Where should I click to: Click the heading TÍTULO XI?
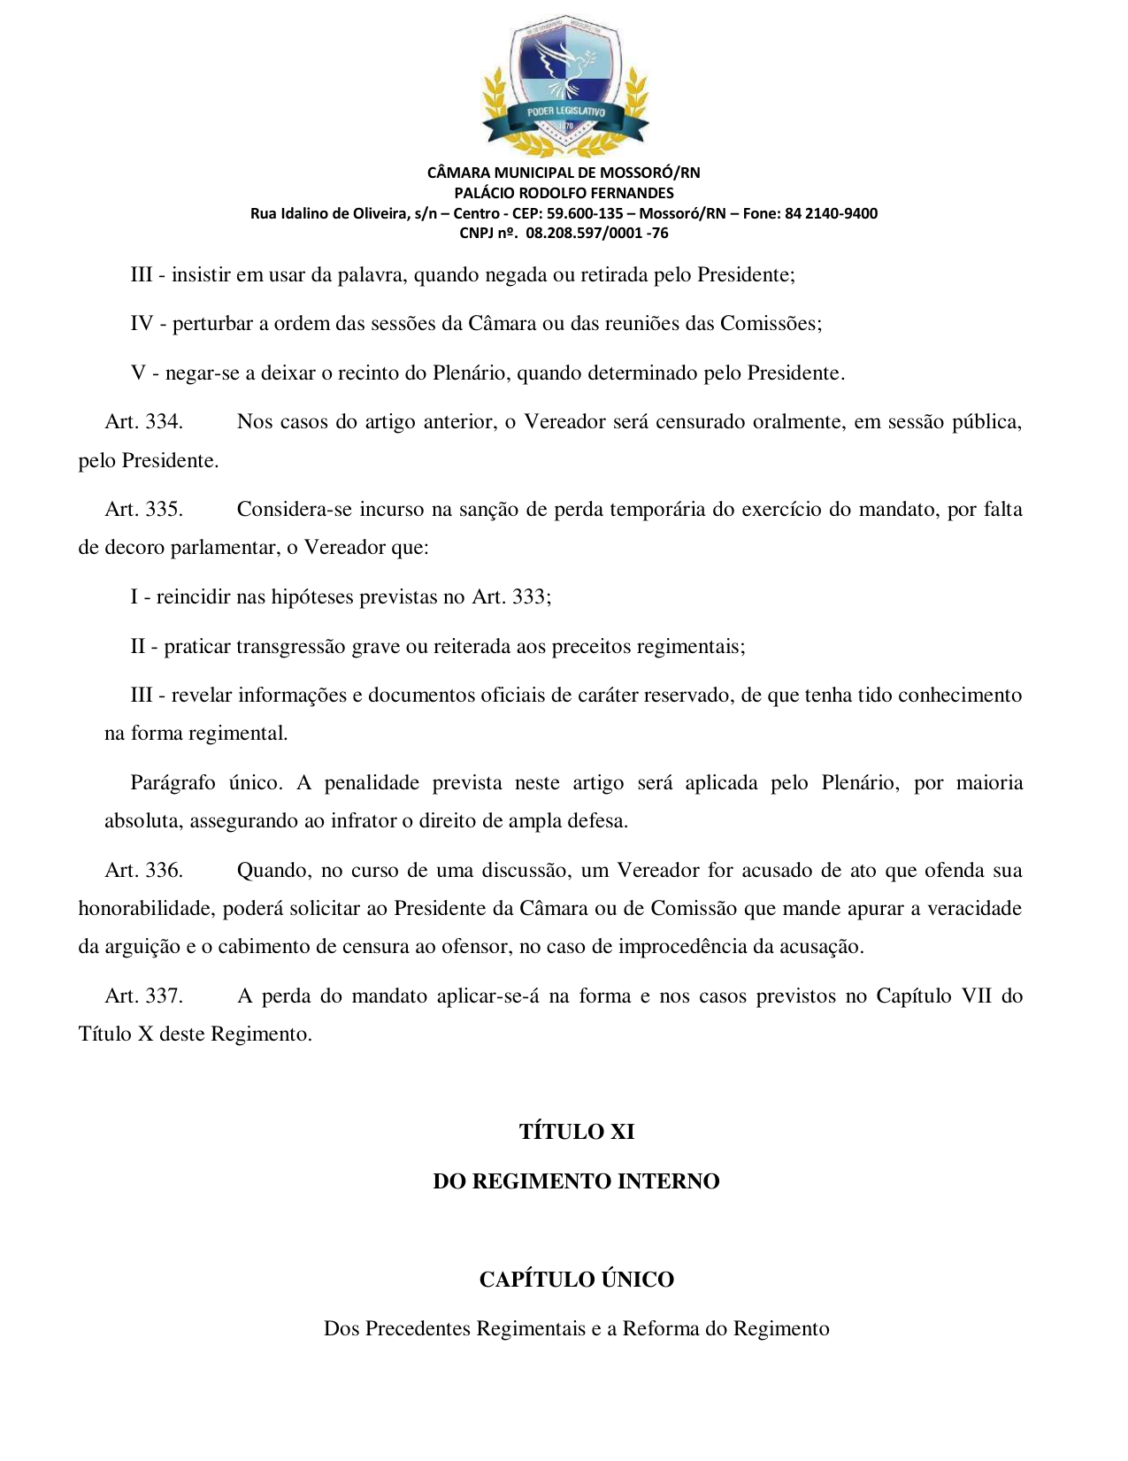click(576, 1132)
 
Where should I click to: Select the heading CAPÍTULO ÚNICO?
click(576, 1280)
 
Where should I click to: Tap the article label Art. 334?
click(143, 422)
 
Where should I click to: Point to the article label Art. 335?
click(143, 510)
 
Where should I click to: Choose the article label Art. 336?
click(143, 871)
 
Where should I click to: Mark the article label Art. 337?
click(143, 996)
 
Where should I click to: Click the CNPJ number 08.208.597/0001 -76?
click(597, 234)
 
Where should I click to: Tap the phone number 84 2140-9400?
click(831, 213)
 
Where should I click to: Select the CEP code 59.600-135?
click(585, 213)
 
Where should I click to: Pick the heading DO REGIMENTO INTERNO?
click(576, 1181)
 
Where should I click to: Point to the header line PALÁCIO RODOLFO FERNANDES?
click(564, 193)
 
